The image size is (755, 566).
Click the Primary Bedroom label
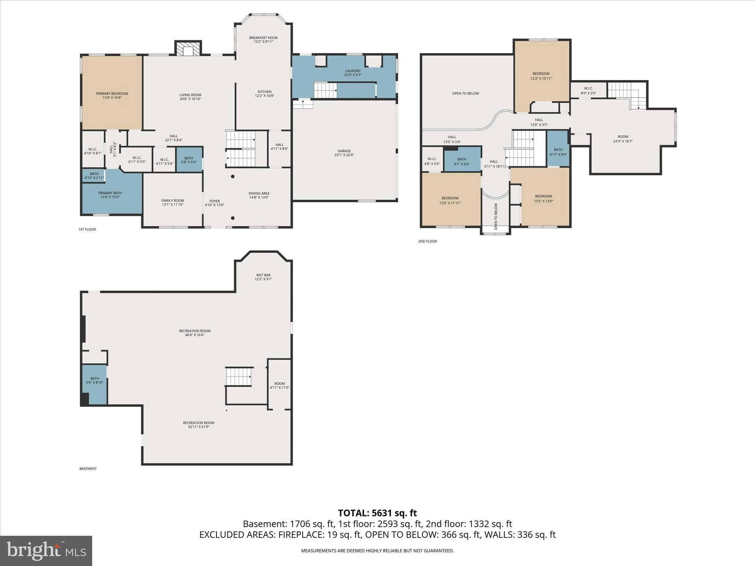pyautogui.click(x=112, y=95)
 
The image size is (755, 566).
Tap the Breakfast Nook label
pyautogui.click(x=263, y=39)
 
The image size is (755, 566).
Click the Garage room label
pyautogui.click(x=344, y=153)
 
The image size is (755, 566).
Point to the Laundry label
pyautogui.click(x=353, y=73)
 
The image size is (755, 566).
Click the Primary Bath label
pyautogui.click(x=110, y=195)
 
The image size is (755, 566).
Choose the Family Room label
pyautogui.click(x=173, y=203)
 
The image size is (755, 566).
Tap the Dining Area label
pyautogui.click(x=259, y=195)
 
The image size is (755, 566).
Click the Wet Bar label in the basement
pyautogui.click(x=263, y=277)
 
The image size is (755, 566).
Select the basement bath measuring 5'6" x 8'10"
pyautogui.click(x=94, y=385)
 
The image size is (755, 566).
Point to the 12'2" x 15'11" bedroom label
pyautogui.click(x=541, y=76)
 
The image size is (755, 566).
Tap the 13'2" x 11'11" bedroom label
pyautogui.click(x=450, y=200)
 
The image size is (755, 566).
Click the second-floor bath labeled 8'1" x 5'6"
pyautogui.click(x=462, y=159)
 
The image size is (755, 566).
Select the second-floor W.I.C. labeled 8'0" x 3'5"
pyautogui.click(x=588, y=90)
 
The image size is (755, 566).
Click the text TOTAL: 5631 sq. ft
pyautogui.click(x=377, y=513)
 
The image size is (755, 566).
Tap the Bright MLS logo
pyautogui.click(x=46, y=551)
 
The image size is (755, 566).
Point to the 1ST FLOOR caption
pyautogui.click(x=87, y=230)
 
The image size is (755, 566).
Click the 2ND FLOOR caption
pyautogui.click(x=427, y=241)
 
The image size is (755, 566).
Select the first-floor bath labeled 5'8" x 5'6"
pyautogui.click(x=189, y=160)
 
